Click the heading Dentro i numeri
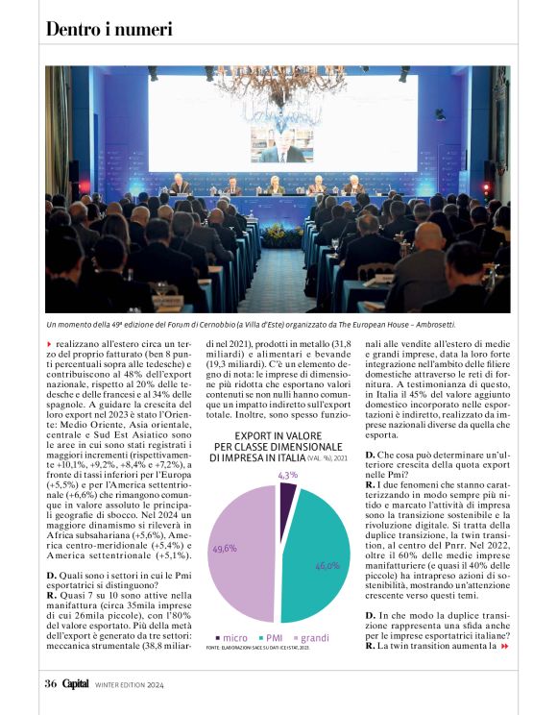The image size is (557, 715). [109, 29]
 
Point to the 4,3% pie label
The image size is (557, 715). [287, 475]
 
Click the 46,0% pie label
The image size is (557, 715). [327, 566]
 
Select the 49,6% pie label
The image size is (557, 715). [224, 548]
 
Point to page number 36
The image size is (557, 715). [50, 684]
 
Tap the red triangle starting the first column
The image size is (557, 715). [50, 343]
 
